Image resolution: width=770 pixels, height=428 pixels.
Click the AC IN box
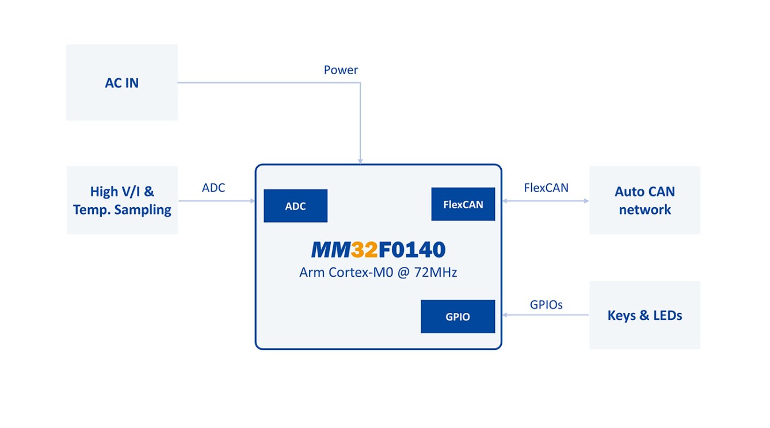(121, 83)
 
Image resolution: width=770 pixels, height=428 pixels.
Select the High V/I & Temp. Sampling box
(122, 200)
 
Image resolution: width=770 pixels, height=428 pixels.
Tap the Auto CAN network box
(645, 200)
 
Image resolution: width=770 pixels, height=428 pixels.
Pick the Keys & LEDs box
(645, 315)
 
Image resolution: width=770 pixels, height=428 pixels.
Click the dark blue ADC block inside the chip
(295, 206)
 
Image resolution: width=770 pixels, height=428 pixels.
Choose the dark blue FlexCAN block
(463, 204)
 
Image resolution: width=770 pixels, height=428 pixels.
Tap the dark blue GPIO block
(458, 316)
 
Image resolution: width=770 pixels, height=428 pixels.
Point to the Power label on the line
(341, 70)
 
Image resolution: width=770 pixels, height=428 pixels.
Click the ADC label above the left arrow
(214, 188)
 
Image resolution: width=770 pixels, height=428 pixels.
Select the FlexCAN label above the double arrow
(546, 188)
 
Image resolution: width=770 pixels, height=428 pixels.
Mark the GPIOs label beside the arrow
(546, 305)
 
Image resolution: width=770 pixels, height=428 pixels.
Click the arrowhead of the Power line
(360, 161)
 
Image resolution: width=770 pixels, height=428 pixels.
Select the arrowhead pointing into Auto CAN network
(586, 201)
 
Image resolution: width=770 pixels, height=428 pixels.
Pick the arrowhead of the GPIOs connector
(505, 315)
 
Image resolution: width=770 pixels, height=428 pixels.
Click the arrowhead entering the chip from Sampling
(252, 201)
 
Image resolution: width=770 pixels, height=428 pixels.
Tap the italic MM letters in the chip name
(330, 250)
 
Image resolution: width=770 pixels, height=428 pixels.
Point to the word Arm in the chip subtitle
(311, 273)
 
